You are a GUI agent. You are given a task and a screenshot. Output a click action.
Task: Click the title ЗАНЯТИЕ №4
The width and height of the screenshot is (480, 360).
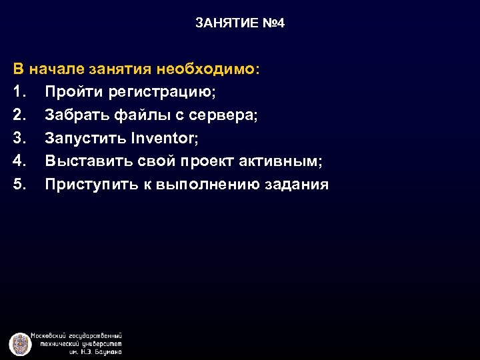click(x=240, y=23)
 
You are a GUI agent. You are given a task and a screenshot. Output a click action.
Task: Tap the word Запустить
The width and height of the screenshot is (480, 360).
click(x=85, y=138)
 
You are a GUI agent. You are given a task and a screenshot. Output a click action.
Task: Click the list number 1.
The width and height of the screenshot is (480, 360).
click(x=18, y=92)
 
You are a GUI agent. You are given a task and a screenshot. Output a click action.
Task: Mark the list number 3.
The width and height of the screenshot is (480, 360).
click(x=18, y=138)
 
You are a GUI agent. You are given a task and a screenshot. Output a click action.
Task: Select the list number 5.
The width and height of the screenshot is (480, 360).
click(x=18, y=185)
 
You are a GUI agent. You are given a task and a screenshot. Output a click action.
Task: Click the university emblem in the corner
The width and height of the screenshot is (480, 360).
click(x=20, y=343)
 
